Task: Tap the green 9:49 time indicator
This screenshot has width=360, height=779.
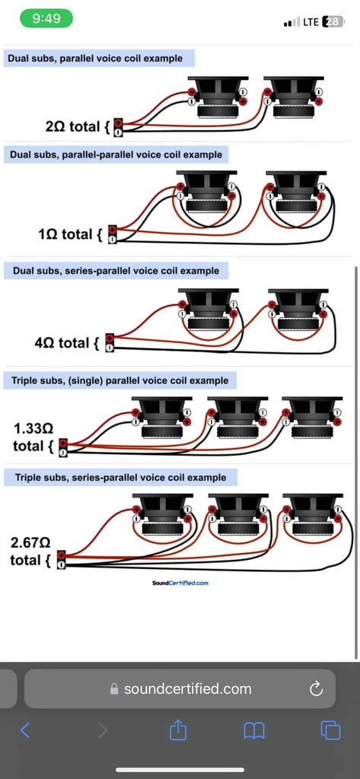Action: (46, 19)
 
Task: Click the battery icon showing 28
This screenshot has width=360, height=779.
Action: (333, 22)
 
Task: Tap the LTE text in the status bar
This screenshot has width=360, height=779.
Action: (311, 22)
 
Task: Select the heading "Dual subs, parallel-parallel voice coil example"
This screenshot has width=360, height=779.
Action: (116, 154)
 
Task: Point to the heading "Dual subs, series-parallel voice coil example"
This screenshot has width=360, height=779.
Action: (114, 271)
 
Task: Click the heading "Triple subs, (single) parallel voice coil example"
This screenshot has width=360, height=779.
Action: (119, 380)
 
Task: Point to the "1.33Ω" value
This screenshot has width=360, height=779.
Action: (32, 428)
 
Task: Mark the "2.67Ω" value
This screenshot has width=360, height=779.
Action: (30, 543)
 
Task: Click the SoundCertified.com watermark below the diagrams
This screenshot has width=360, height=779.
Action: (180, 583)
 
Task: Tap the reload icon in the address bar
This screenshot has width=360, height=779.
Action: (316, 689)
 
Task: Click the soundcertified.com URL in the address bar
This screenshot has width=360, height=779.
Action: (187, 689)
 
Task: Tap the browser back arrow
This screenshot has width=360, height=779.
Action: (25, 731)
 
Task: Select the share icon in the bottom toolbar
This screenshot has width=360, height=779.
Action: (177, 730)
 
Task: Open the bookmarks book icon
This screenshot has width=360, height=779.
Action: (254, 731)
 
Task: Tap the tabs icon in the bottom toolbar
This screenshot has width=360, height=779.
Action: (331, 731)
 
